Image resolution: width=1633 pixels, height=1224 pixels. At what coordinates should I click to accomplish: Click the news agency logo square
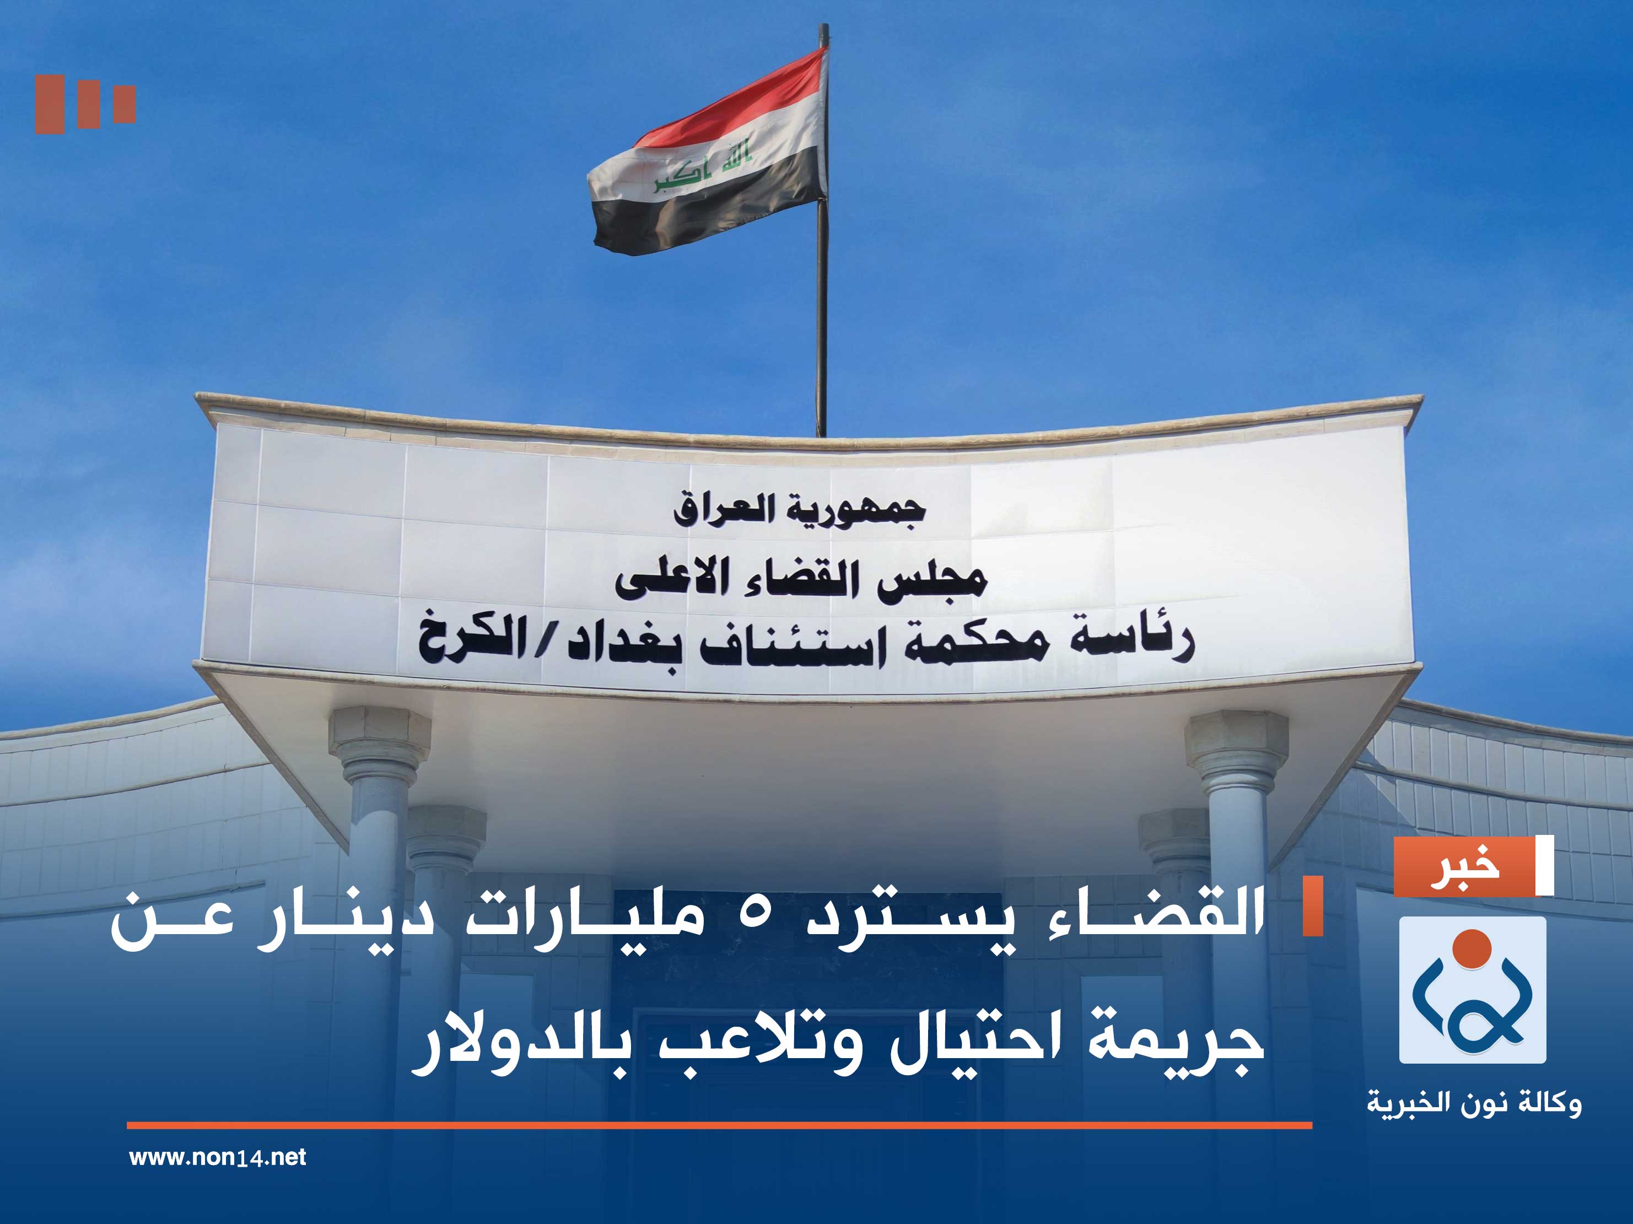1472,990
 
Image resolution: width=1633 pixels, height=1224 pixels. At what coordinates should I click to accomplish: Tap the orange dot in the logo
1472,948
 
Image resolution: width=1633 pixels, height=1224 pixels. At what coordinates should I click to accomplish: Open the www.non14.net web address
217,1157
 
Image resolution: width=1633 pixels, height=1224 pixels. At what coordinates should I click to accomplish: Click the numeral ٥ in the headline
753,915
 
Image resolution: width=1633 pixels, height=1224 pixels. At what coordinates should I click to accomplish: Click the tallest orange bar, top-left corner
50,104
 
